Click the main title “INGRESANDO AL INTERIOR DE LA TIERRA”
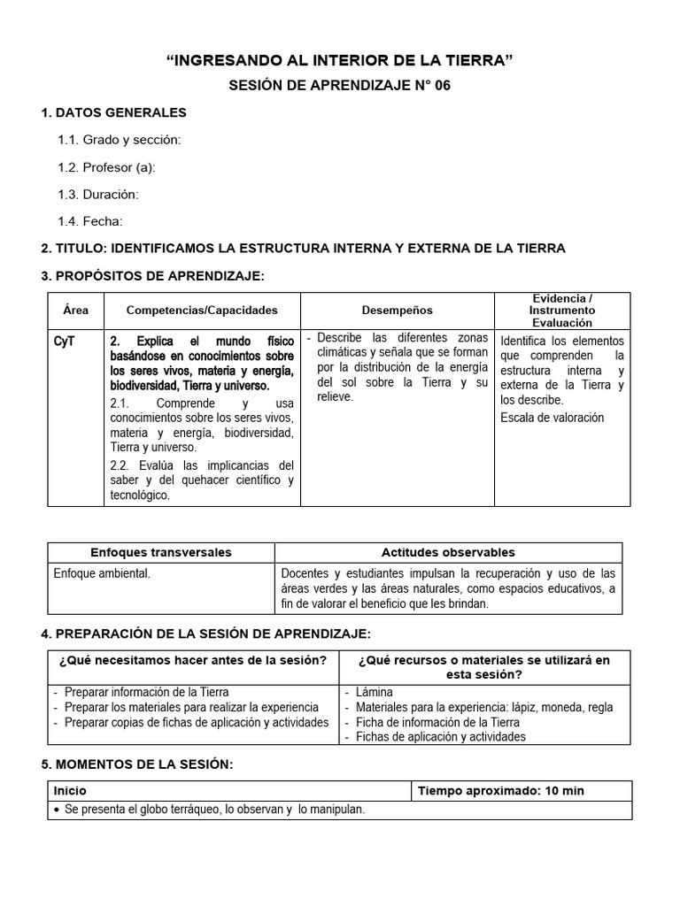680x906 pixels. click(340, 59)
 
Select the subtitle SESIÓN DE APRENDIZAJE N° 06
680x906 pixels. click(340, 86)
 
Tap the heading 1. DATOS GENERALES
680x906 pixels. click(114, 112)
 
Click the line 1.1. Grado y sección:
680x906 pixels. click(120, 140)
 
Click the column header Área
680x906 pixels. click(76, 311)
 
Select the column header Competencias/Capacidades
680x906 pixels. click(202, 311)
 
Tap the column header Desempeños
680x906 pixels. click(398, 311)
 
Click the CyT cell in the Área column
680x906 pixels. click(64, 341)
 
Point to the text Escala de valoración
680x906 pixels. click(552, 417)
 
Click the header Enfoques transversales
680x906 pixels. click(161, 552)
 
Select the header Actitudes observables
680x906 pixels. click(448, 552)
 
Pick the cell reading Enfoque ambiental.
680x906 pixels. click(102, 573)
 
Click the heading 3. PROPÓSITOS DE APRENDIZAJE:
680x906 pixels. click(152, 276)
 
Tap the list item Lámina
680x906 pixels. click(375, 692)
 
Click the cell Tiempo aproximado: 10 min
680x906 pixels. click(500, 791)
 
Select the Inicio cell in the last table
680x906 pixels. click(71, 791)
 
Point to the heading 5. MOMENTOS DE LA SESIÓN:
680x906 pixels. click(137, 764)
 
